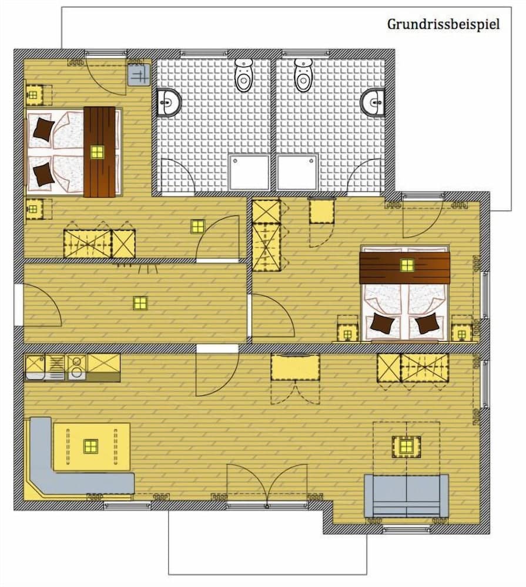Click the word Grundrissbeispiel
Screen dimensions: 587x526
click(x=443, y=25)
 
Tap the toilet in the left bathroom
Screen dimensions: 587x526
click(x=243, y=75)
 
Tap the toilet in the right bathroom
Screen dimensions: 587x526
click(x=303, y=75)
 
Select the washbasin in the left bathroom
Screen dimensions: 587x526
click(x=169, y=103)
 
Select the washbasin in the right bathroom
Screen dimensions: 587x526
click(x=373, y=103)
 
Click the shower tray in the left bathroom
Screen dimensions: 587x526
click(x=249, y=172)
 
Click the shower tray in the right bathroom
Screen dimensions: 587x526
click(x=297, y=172)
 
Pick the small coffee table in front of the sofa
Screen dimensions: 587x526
click(x=406, y=447)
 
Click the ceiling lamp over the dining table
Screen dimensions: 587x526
click(x=90, y=446)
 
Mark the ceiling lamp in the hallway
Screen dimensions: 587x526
click(x=140, y=303)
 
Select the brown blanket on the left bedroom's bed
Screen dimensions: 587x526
click(x=99, y=151)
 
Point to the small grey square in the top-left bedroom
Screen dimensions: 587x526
click(x=139, y=75)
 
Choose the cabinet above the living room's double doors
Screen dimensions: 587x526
click(x=295, y=367)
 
